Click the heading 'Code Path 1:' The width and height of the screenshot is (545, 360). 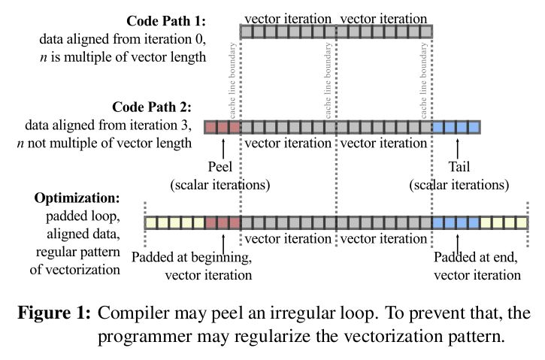click(x=163, y=22)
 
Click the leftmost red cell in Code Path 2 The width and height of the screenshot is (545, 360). click(x=211, y=127)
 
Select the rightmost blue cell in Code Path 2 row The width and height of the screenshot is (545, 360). click(x=474, y=127)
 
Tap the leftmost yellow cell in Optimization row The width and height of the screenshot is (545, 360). click(x=151, y=222)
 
